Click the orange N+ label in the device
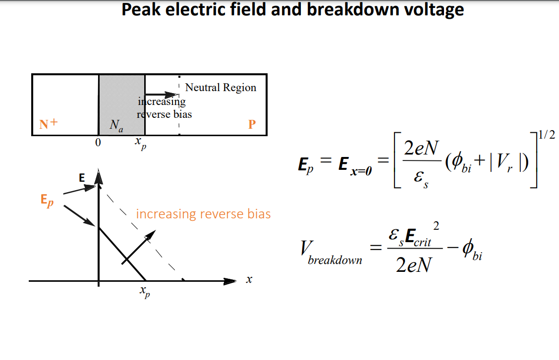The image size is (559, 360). (49, 124)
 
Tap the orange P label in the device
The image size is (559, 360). (252, 124)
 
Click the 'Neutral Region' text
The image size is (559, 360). (221, 88)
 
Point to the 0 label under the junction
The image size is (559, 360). (98, 143)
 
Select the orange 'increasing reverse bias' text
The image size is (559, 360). (203, 214)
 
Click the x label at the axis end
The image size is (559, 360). (249, 280)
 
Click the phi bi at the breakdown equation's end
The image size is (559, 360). (472, 251)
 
